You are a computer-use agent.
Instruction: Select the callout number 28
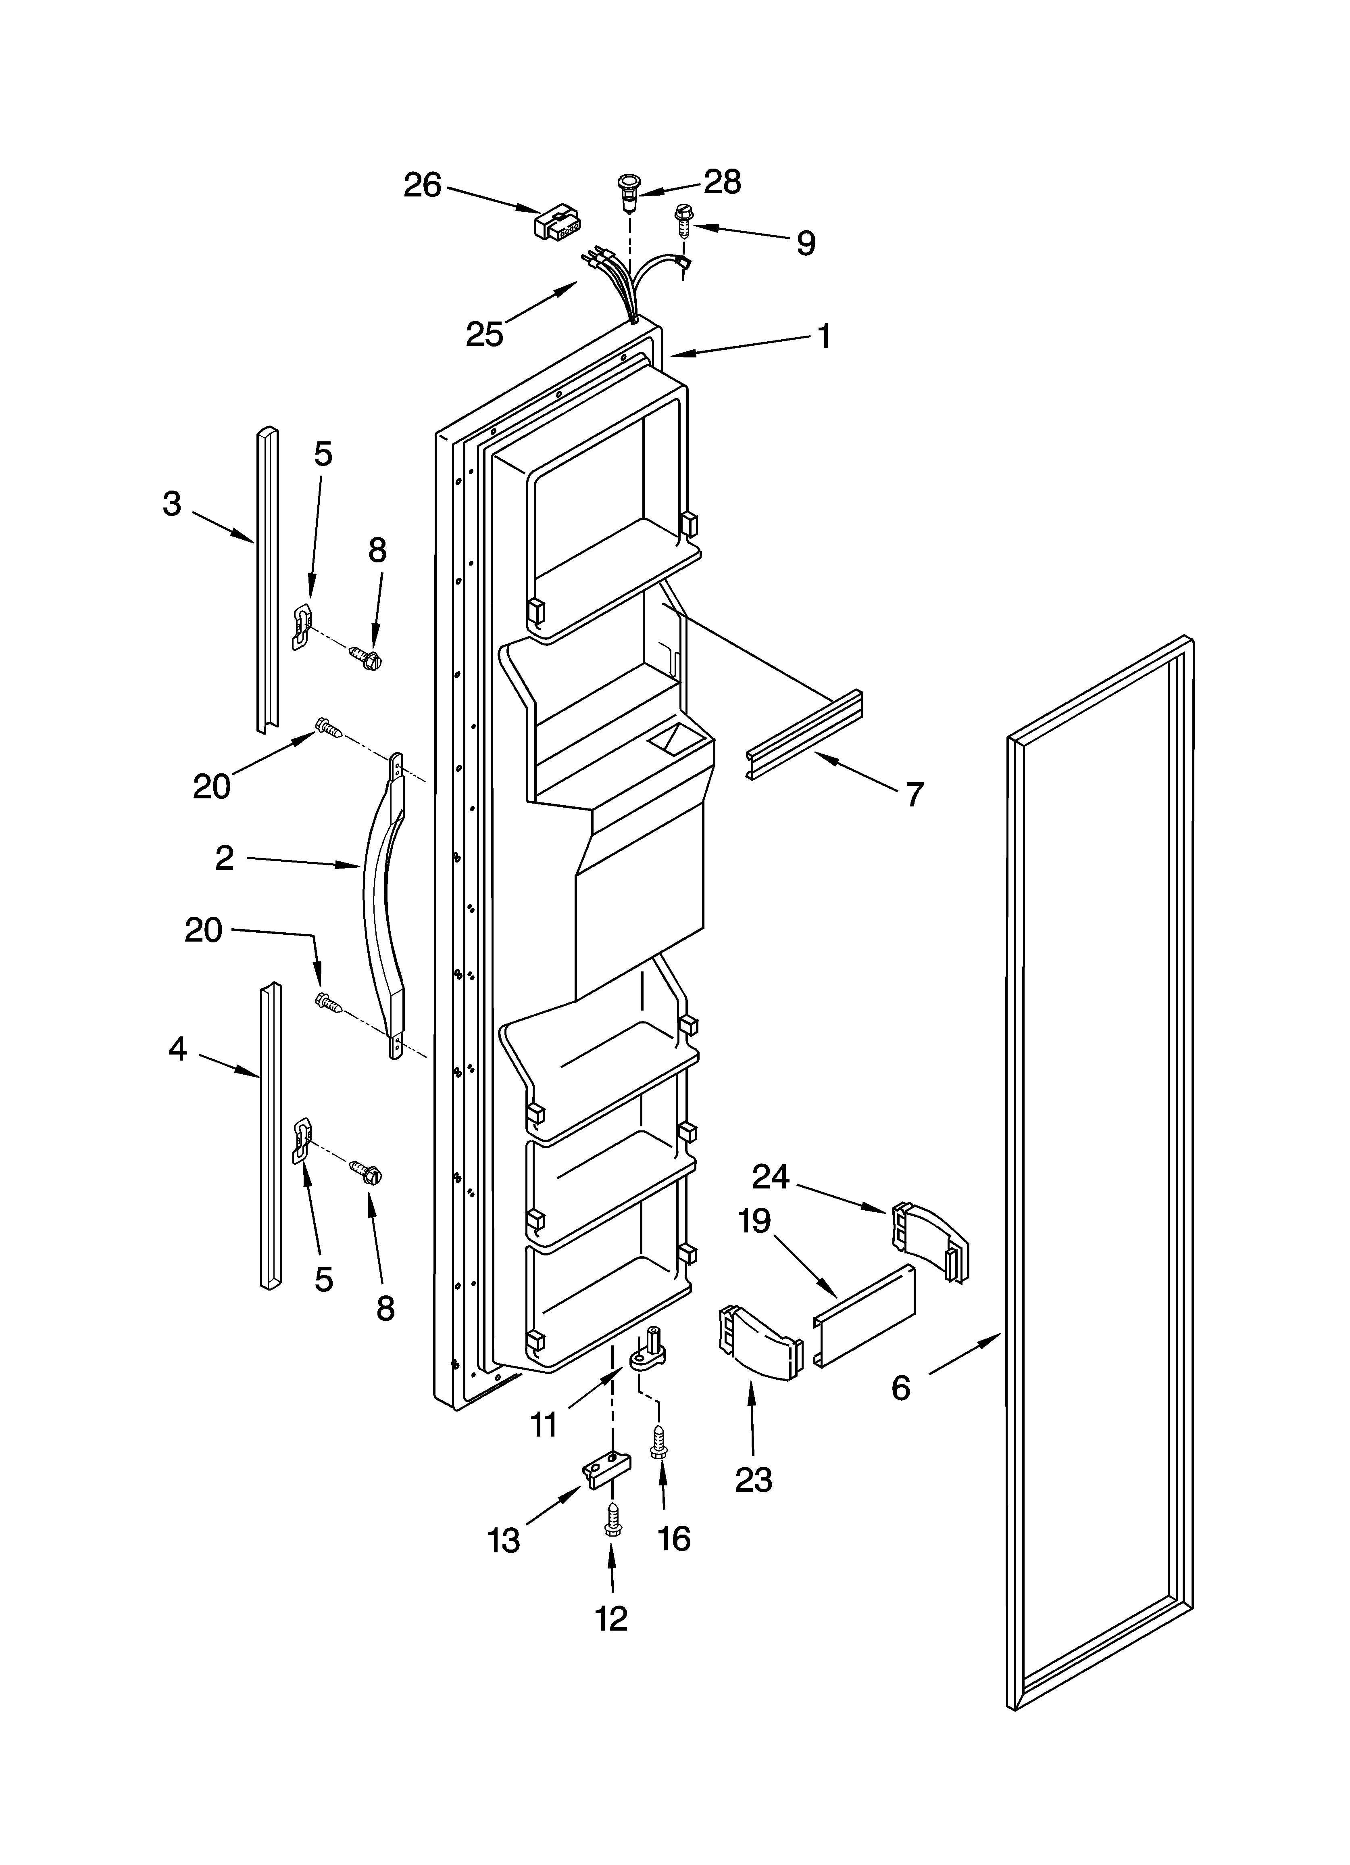click(x=723, y=182)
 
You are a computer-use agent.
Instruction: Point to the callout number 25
click(x=484, y=334)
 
